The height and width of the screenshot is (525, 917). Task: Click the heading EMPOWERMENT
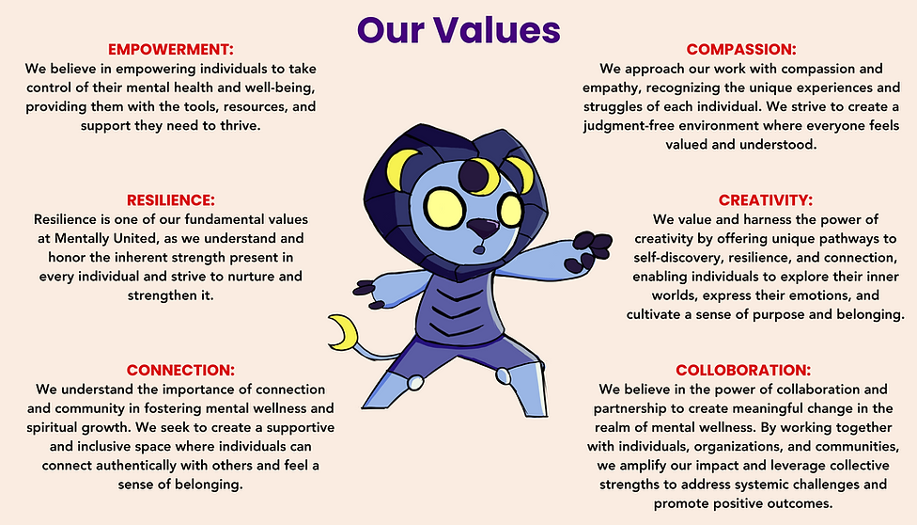pos(170,49)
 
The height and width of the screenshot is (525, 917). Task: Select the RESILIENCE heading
pos(170,200)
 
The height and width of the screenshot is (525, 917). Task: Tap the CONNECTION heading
pos(180,370)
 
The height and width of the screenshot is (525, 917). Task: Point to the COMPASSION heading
pos(741,49)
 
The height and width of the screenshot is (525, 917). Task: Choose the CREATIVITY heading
pos(766,199)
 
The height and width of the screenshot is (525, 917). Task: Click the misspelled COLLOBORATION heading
pos(742,370)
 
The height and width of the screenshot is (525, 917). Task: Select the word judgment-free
pos(639,126)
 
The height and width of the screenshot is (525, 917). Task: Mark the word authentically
pos(134,464)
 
